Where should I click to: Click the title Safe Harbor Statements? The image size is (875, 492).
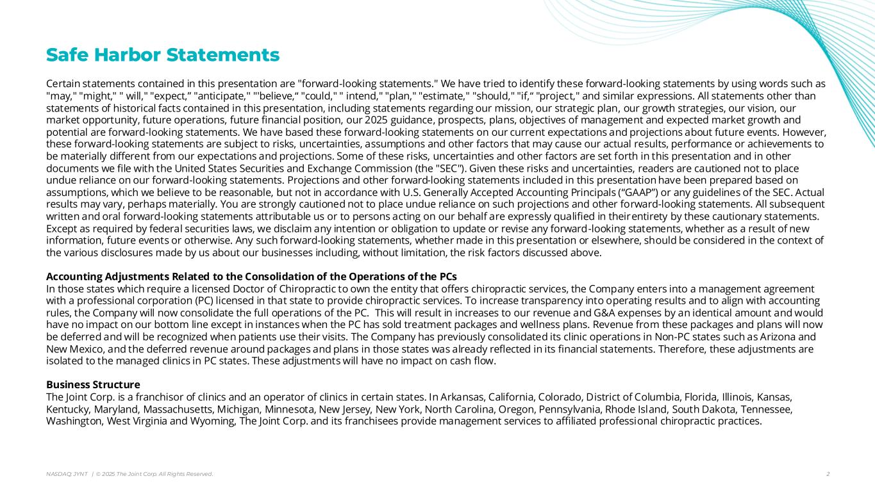pyautogui.click(x=162, y=56)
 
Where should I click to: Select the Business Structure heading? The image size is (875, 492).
pyautogui.click(x=93, y=384)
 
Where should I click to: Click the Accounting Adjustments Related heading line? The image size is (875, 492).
pyautogui.click(x=251, y=277)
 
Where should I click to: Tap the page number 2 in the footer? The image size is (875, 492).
pyautogui.click(x=828, y=474)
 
